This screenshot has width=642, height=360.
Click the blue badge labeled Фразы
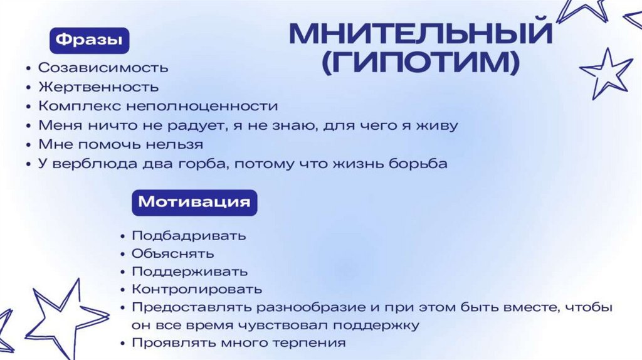tap(89, 40)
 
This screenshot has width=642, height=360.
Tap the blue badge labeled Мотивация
tap(194, 203)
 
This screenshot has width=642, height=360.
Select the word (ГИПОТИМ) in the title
tap(421, 63)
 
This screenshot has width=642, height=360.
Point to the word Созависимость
tap(103, 67)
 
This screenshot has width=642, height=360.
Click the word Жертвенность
tap(98, 87)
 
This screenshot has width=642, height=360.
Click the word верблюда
tap(98, 164)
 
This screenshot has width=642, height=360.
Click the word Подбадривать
tap(189, 236)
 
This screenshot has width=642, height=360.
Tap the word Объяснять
tap(172, 254)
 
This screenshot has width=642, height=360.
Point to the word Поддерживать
tap(189, 272)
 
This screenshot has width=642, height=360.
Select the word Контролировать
tap(197, 290)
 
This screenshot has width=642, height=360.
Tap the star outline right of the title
tap(606, 72)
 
